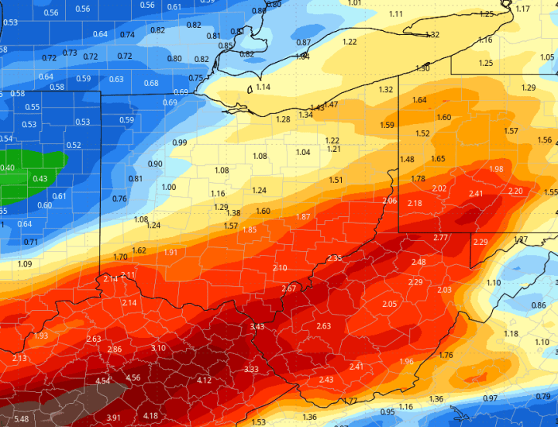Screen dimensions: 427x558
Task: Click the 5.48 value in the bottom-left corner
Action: coord(21,419)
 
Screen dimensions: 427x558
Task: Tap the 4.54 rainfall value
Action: coord(102,381)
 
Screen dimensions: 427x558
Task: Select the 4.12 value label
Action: coord(205,380)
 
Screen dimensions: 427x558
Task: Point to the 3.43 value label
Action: coord(257,326)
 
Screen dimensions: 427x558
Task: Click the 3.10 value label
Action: coord(158,348)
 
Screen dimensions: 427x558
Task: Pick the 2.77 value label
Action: coord(440,237)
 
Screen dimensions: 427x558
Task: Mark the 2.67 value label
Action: coord(288,288)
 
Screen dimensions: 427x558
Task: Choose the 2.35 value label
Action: coord(335,258)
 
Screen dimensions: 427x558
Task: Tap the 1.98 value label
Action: coord(497,169)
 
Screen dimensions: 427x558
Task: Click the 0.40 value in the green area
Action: coord(7,168)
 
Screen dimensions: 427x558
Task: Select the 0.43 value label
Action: coord(40,179)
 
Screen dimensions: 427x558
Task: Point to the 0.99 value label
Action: coord(180,143)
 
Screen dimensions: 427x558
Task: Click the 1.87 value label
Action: coord(303,216)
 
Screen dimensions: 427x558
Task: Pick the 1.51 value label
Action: coord(336,180)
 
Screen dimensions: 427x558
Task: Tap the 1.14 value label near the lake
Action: coord(263,87)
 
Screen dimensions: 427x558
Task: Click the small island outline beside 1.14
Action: coord(249,90)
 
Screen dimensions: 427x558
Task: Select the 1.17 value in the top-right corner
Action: coord(523,9)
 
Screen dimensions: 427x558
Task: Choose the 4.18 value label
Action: coord(151,416)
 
